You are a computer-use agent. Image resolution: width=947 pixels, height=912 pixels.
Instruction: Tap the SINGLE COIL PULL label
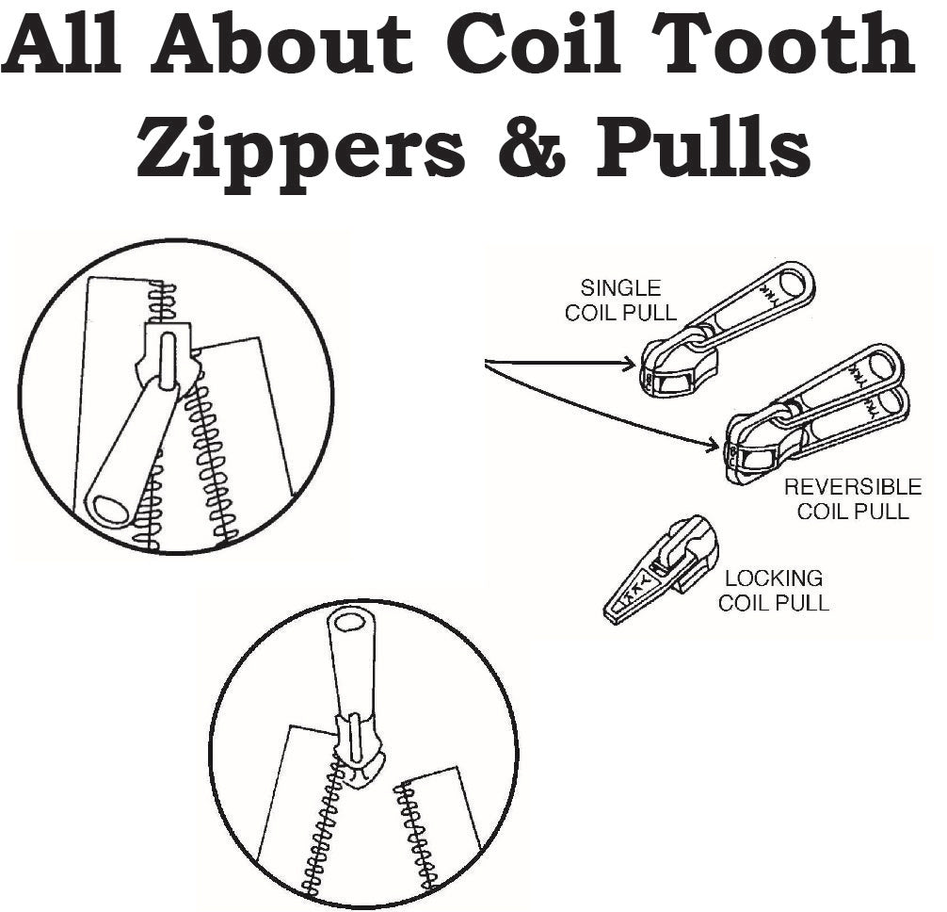click(621, 300)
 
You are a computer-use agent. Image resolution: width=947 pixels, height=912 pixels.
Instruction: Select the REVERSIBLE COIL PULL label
click(853, 498)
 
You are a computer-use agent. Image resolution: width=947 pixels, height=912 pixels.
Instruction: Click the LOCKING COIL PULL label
click(774, 591)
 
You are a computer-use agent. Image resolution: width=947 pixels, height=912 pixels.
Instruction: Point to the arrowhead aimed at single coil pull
click(630, 363)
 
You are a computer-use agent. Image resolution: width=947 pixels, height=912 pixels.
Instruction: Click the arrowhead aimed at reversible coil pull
click(714, 447)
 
